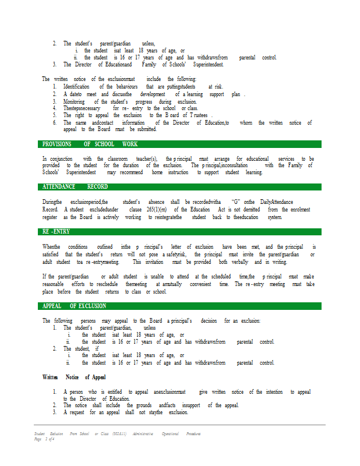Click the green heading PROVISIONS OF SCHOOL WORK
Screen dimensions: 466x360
[x=90, y=144]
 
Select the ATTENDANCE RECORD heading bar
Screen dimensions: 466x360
[x=75, y=186]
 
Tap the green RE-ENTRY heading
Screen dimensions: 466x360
[x=56, y=232]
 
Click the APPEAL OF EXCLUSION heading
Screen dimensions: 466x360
[x=74, y=306]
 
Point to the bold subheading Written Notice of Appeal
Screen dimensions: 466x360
[x=74, y=377]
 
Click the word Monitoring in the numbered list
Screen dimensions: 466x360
[x=76, y=101]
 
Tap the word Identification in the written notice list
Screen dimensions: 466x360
[x=76, y=86]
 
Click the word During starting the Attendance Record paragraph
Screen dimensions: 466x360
[x=52, y=202]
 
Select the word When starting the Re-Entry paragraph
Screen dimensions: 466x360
[x=51, y=246]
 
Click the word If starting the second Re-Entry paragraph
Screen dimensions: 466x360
[x=44, y=276]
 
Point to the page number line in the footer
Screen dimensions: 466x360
[x=44, y=439]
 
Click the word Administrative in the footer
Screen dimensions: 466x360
[x=143, y=434]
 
